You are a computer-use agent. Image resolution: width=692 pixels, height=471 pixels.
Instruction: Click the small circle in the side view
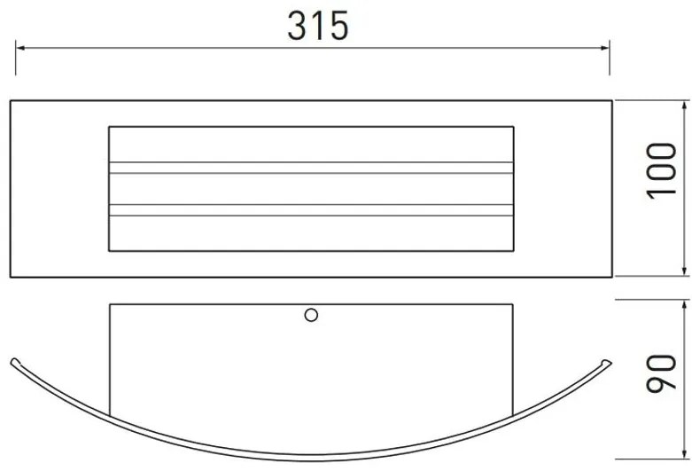point(311,314)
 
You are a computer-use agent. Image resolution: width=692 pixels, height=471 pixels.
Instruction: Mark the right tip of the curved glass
point(607,360)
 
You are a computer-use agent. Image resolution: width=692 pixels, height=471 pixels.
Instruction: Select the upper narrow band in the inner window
point(310,167)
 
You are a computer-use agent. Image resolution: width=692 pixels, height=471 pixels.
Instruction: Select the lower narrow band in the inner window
point(310,210)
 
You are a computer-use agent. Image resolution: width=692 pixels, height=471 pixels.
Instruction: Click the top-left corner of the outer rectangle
point(11,100)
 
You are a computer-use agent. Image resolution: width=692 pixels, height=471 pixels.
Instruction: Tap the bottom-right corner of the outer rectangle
point(611,276)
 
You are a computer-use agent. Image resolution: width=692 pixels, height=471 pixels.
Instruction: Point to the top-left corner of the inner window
point(109,127)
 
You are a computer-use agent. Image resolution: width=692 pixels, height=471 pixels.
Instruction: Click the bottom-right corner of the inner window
point(513,249)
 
